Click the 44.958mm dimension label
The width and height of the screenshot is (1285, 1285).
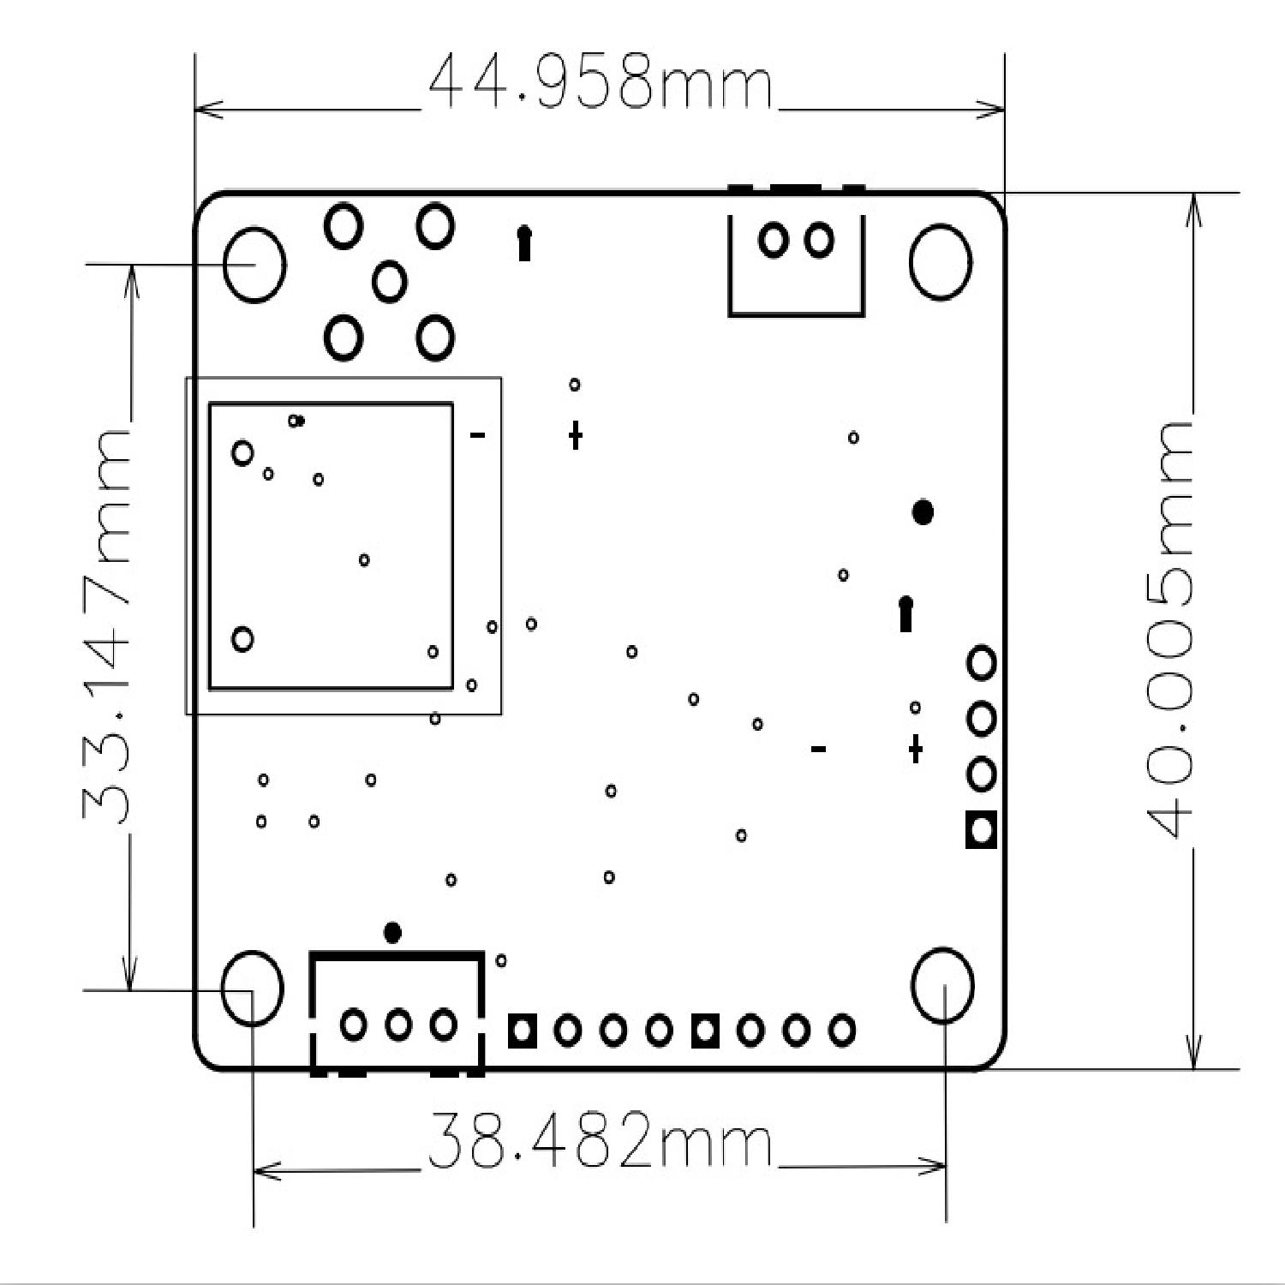pyautogui.click(x=600, y=83)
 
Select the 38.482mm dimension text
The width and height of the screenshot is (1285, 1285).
pyautogui.click(x=600, y=1141)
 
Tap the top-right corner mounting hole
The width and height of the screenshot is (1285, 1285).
pyautogui.click(x=941, y=262)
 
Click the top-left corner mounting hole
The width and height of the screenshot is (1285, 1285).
pyautogui.click(x=254, y=264)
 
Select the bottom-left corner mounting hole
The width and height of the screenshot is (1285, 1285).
pyautogui.click(x=253, y=987)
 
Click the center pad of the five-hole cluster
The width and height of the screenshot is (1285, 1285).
pyautogui.click(x=390, y=280)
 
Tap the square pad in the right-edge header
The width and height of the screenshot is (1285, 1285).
pyautogui.click(x=982, y=829)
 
